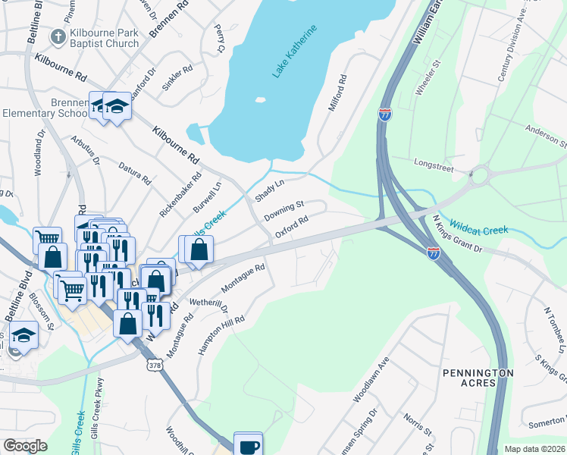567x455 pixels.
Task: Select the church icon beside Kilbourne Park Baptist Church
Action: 58,36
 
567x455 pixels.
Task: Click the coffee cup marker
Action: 248,445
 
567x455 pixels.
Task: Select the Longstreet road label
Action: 432,162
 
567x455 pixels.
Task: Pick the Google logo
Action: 25,446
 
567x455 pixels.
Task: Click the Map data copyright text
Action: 535,449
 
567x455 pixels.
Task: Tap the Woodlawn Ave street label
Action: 371,379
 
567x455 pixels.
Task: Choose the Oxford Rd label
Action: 291,227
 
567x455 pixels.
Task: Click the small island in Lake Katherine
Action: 261,99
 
